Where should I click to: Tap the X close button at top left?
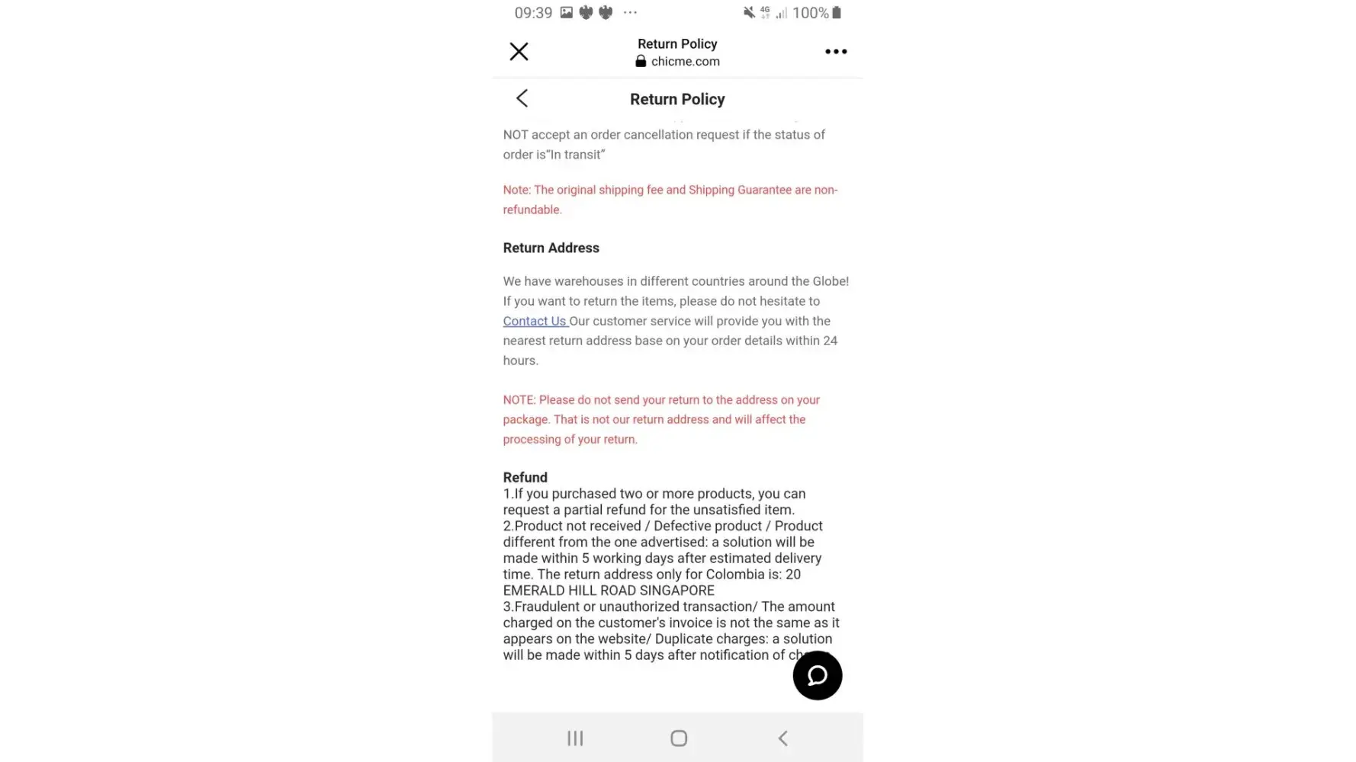tap(519, 52)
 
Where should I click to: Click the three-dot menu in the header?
tap(836, 52)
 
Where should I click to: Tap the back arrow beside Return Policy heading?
tap(522, 98)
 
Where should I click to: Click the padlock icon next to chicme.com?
tap(641, 62)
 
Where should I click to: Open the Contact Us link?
tap(535, 322)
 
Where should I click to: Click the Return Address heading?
tap(551, 248)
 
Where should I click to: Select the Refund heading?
tap(525, 478)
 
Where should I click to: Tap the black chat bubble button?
tap(817, 675)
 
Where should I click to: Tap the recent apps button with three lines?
tap(575, 738)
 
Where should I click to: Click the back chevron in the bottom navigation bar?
tap(782, 738)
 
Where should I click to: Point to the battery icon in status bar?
tap(837, 13)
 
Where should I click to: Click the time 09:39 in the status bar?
tap(533, 13)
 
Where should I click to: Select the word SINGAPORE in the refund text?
tap(677, 591)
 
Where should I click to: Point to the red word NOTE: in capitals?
tap(519, 400)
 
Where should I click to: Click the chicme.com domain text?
tap(685, 62)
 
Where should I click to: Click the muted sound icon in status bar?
tap(749, 13)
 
